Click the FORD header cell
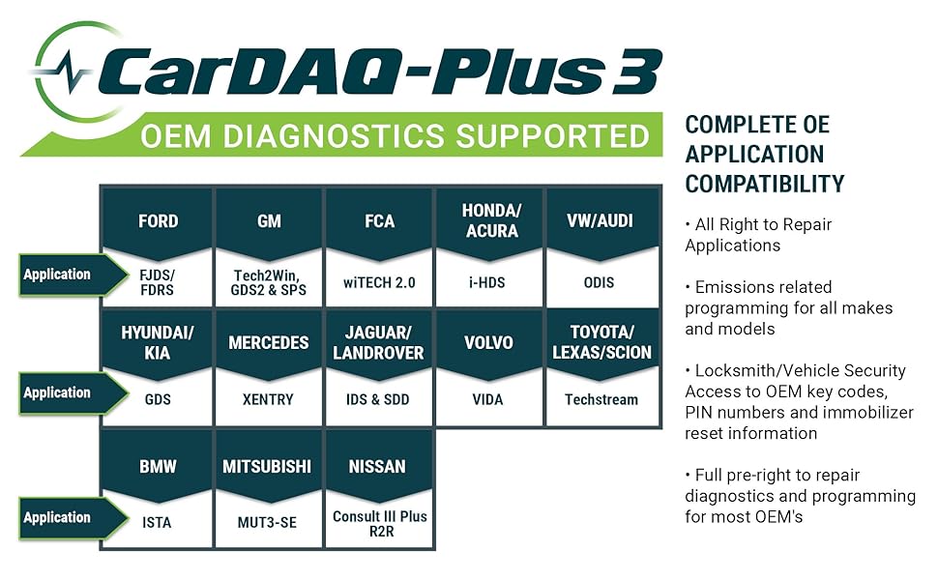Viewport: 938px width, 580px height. click(158, 221)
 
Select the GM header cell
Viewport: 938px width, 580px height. click(269, 221)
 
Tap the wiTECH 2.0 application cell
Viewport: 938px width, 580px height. click(380, 282)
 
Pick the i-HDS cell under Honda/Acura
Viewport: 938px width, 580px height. click(491, 282)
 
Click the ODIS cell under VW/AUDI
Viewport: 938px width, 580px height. click(600, 282)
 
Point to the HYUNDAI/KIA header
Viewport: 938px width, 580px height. click(158, 342)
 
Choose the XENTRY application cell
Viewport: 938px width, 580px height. click(269, 399)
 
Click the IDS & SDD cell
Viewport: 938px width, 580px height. click(380, 399)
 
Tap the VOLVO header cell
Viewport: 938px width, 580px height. click(491, 342)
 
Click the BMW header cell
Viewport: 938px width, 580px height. click(158, 467)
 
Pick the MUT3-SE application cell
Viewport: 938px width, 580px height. click(269, 523)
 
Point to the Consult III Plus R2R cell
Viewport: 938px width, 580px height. click(380, 523)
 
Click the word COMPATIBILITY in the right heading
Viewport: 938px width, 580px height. click(765, 183)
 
